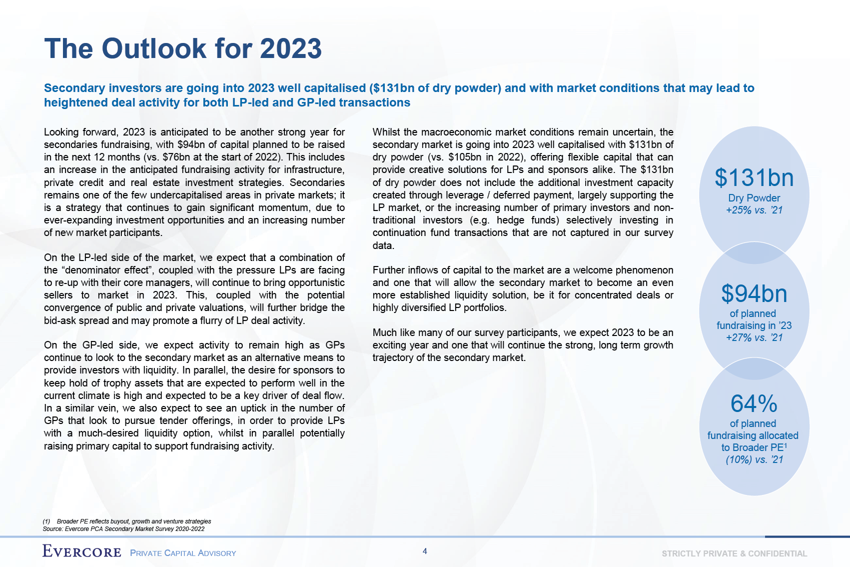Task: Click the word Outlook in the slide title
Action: point(154,49)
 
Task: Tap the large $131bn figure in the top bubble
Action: point(754,178)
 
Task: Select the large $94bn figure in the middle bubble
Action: point(754,294)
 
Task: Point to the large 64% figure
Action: point(754,403)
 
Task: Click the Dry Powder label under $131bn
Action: point(754,198)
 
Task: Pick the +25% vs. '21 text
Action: point(754,210)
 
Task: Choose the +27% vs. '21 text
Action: point(754,337)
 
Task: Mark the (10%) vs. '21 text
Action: point(754,459)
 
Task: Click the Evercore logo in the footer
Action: point(82,551)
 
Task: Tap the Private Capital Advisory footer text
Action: point(183,553)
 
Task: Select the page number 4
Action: point(425,551)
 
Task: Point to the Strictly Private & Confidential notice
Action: point(734,553)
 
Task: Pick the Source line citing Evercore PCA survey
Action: point(123,528)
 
